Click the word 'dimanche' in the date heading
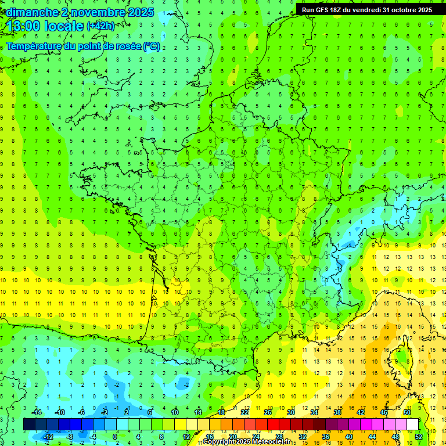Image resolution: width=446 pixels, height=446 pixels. (32, 12)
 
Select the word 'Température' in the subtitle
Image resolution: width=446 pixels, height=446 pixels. (35, 46)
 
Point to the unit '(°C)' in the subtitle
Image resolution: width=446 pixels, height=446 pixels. (152, 46)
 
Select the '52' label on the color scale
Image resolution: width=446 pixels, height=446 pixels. (418, 436)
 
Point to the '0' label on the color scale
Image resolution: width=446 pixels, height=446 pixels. (115, 436)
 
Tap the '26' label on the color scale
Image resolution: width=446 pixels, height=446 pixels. (268, 412)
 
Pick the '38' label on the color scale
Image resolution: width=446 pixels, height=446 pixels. (337, 412)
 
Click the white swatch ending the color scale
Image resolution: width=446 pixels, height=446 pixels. (412, 425)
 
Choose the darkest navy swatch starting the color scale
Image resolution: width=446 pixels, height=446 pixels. (29, 425)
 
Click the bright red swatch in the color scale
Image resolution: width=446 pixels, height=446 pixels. (273, 425)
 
